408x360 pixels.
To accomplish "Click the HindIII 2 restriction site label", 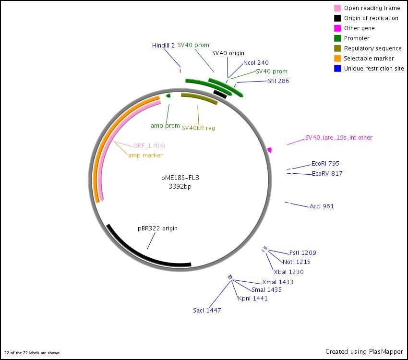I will pyautogui.click(x=163, y=45).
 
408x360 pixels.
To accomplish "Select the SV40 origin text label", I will pyautogui.click(x=228, y=53).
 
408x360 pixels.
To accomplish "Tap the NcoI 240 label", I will pyautogui.click(x=256, y=62).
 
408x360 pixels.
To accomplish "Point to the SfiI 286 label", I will pyautogui.click(x=278, y=81).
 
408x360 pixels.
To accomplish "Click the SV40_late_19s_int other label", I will pyautogui.click(x=338, y=137).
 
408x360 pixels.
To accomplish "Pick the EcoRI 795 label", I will pyautogui.click(x=325, y=163).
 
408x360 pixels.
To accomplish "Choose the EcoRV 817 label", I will pyautogui.click(x=327, y=173).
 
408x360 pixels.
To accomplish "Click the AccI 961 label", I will pyautogui.click(x=322, y=206).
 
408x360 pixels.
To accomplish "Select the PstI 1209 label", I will pyautogui.click(x=302, y=252).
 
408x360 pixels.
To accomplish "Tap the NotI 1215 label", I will pyautogui.click(x=296, y=262).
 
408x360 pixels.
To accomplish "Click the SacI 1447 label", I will pyautogui.click(x=207, y=310).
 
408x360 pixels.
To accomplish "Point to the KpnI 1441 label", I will pyautogui.click(x=252, y=298).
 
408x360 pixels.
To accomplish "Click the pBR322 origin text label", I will pyautogui.click(x=157, y=228).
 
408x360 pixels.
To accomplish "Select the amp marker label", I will pyautogui.click(x=145, y=155).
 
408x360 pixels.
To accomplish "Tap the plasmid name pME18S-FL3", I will pyautogui.click(x=180, y=178).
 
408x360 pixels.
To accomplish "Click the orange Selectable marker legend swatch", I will pyautogui.click(x=337, y=59).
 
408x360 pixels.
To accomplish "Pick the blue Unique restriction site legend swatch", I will pyautogui.click(x=337, y=69).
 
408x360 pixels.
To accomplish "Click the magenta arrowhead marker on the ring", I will pyautogui.click(x=270, y=150).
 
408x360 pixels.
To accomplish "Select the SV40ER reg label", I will pyautogui.click(x=198, y=128).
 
